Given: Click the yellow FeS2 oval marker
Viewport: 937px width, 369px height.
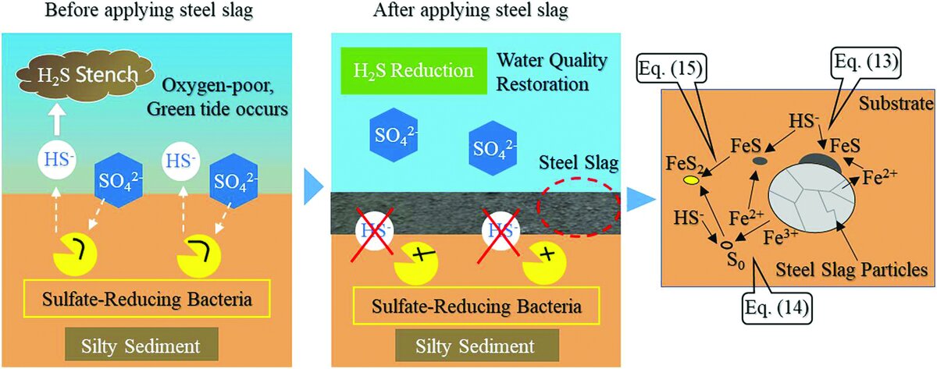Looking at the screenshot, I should pyautogui.click(x=690, y=181).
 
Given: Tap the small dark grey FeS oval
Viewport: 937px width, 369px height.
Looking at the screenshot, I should pyautogui.click(x=760, y=161).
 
